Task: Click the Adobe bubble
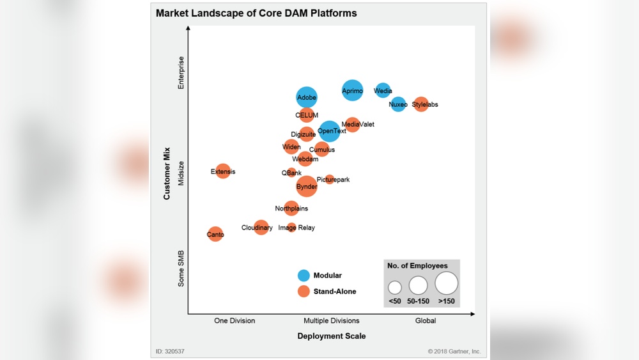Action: (307, 97)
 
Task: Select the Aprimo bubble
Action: (352, 91)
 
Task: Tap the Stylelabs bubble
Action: (420, 104)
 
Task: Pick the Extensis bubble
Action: (222, 171)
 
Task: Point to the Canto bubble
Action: (215, 235)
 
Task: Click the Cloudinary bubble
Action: (261, 228)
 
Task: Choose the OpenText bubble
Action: (330, 131)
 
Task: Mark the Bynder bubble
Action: (307, 187)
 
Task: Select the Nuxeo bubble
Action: (398, 104)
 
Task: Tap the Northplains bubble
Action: (291, 208)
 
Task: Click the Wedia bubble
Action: (383, 91)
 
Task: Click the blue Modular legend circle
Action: (304, 276)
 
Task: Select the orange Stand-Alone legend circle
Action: (304, 292)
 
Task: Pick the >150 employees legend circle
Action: (447, 283)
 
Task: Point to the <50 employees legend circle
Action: (395, 287)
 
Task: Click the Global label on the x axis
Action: (426, 321)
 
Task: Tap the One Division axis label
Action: (235, 321)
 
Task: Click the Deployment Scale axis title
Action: (331, 336)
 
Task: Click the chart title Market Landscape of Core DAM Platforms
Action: (256, 13)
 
